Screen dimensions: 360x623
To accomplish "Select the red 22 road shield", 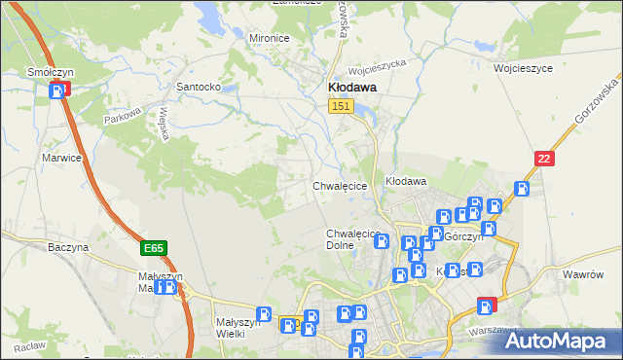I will coord(545,158).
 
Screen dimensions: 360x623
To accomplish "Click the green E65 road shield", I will coord(153,249).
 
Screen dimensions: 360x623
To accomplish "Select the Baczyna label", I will coord(68,248).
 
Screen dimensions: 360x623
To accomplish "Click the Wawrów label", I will coord(584,275).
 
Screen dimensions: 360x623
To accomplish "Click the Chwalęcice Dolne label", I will coord(351,239).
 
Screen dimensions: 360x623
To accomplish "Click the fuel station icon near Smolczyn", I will coord(58,90).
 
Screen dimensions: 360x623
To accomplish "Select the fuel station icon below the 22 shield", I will coord(522,189).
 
